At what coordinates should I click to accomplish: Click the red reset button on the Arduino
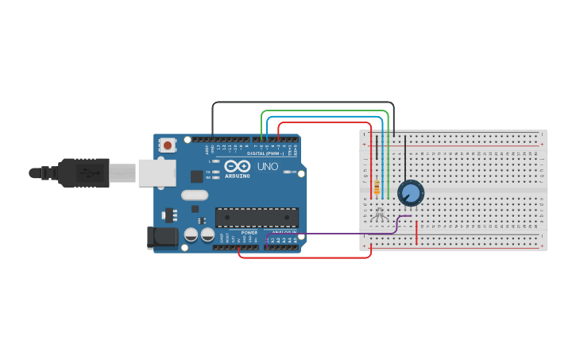coord(168,145)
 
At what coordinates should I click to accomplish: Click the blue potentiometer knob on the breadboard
coord(411,192)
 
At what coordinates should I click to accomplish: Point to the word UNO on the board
coord(268,167)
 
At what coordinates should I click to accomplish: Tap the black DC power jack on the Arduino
coord(161,237)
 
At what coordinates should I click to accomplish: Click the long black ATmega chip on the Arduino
coord(257,217)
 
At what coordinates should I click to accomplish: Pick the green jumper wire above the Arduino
coord(326,111)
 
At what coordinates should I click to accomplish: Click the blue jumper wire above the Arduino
coord(326,117)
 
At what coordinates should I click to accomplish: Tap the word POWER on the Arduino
coord(249,233)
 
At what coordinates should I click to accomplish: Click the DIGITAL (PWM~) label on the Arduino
coord(268,153)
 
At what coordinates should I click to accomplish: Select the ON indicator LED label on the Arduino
coord(294,172)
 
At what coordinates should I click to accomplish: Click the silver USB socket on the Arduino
coord(157,172)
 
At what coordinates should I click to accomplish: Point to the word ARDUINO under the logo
coord(237,176)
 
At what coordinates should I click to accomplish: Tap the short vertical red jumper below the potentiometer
coord(417,232)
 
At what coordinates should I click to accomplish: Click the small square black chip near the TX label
coord(197,176)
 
